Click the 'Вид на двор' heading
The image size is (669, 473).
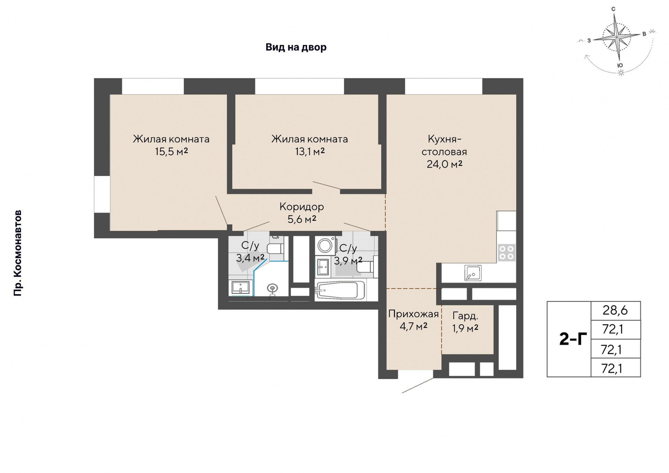click(x=296, y=47)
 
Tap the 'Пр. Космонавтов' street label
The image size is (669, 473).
click(x=18, y=253)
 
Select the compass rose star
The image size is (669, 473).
click(x=617, y=36)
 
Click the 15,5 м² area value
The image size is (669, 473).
click(x=171, y=152)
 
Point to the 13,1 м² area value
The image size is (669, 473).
click(x=310, y=152)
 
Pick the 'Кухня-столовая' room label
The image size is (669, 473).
click(x=444, y=145)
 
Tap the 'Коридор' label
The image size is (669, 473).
click(x=302, y=207)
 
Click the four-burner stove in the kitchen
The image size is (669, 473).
click(x=506, y=253)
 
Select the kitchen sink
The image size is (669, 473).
click(x=473, y=273)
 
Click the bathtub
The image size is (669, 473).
click(x=340, y=290)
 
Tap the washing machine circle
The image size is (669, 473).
click(x=325, y=246)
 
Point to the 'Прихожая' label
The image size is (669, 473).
click(x=414, y=314)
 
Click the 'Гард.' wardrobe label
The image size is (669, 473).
click(x=465, y=316)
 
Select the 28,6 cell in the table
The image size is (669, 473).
click(x=615, y=310)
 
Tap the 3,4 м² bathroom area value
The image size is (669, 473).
click(x=250, y=258)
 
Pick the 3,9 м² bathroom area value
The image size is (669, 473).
click(x=348, y=261)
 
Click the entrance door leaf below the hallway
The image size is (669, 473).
click(x=418, y=385)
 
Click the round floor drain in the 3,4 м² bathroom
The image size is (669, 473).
click(x=272, y=288)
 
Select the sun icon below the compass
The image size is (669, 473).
click(x=621, y=73)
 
